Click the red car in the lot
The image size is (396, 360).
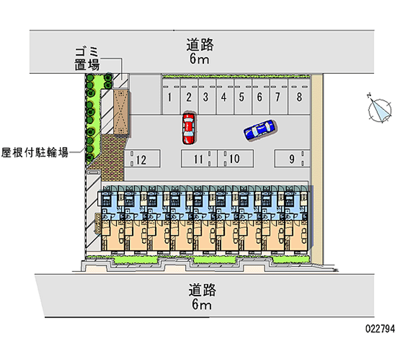pos(188,128)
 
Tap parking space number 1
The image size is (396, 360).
pos(170,97)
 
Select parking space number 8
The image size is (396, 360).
pos(299,97)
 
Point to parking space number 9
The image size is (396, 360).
pos(292,159)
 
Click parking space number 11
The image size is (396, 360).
pos(198,159)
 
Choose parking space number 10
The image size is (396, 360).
pos(235,159)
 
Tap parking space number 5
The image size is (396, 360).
pos(242,97)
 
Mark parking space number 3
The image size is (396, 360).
pos(205,97)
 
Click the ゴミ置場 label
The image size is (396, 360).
pos(88,58)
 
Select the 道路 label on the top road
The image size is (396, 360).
pos(200,45)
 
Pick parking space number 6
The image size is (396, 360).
pos(259,97)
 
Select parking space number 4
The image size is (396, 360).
pos(224,97)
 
